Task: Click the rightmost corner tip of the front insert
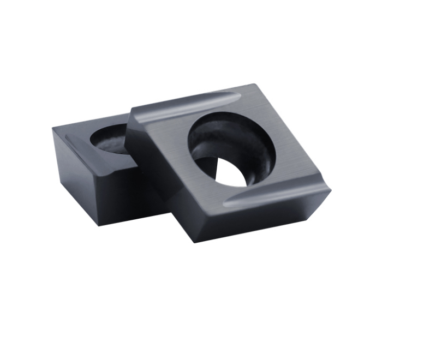click(331, 187)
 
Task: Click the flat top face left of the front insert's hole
click(164, 142)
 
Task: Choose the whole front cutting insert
click(229, 164)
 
